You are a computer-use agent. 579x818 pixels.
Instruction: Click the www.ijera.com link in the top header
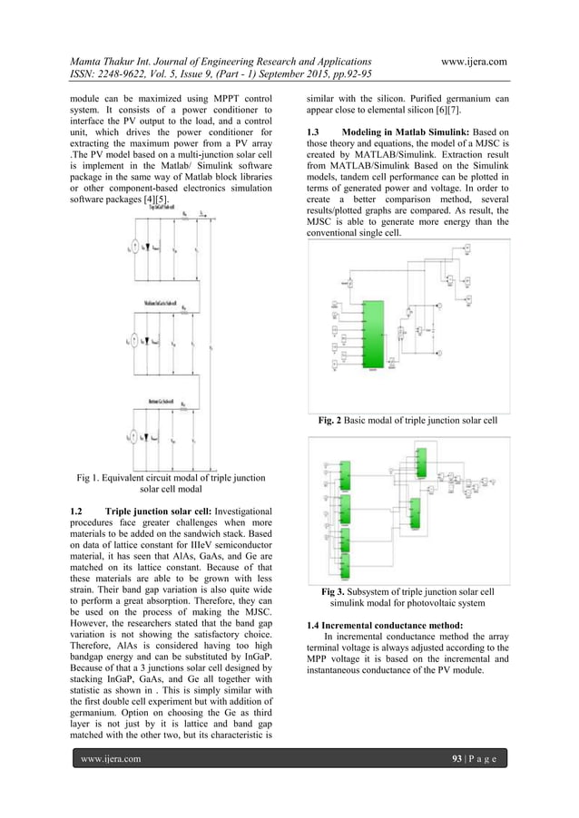pyautogui.click(x=470, y=61)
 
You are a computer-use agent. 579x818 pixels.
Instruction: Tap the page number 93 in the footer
pyautogui.click(x=460, y=757)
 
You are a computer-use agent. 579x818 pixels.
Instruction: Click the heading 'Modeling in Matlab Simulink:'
pyautogui.click(x=405, y=134)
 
